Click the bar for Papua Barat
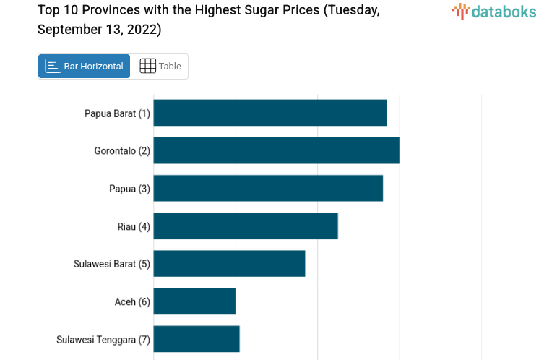[270, 113]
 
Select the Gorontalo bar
[276, 150]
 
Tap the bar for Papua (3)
[268, 188]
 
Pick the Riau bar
[246, 226]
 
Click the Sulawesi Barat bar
[229, 263]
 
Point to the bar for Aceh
[194, 301]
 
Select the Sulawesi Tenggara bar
[197, 338]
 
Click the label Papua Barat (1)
[117, 113]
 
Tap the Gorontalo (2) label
[122, 151]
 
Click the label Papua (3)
[129, 189]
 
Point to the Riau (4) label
[134, 226]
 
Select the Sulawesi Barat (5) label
[112, 264]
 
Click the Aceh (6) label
[132, 301]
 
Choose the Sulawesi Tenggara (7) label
[103, 339]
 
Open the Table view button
[160, 67]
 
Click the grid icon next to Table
[147, 67]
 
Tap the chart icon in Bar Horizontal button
[52, 67]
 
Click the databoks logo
[494, 11]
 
